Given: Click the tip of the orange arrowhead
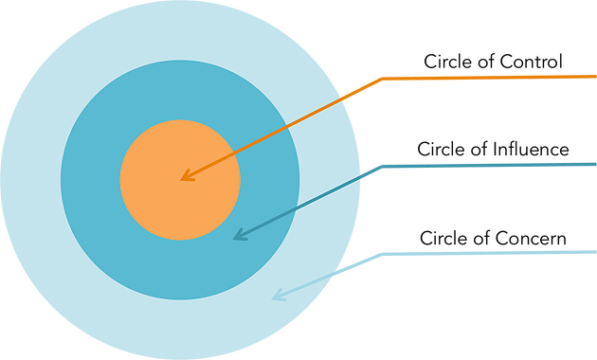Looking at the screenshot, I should click(182, 179).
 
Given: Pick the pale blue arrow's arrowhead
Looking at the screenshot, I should click(274, 297).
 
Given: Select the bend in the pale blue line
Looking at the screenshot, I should click(381, 254).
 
